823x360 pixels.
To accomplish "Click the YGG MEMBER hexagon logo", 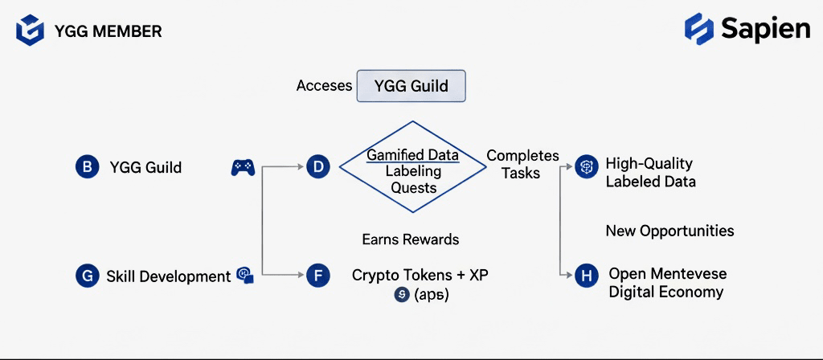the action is (x=30, y=31).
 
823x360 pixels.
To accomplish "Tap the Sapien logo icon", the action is (x=699, y=29).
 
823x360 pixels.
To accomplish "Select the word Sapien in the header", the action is (x=765, y=29).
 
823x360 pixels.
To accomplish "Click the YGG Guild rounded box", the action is (x=411, y=85).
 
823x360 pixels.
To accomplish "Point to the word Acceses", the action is (x=324, y=85).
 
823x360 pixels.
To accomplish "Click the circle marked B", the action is (x=87, y=167).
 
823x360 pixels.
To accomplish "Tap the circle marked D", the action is (x=318, y=167).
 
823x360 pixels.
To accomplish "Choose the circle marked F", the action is (x=318, y=276).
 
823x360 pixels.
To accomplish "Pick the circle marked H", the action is (x=586, y=276).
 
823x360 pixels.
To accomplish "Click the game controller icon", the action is (x=243, y=167).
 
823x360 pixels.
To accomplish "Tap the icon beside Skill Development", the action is (x=245, y=275).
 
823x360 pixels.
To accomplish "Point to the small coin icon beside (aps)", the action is (x=401, y=296).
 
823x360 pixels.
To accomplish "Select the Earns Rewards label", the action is (x=411, y=239).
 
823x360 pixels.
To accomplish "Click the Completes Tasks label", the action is (x=522, y=164).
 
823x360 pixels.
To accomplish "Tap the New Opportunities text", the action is (x=669, y=231).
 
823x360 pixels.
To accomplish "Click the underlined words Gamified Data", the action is (x=412, y=155).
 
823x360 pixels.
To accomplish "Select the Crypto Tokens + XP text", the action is (x=420, y=275).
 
